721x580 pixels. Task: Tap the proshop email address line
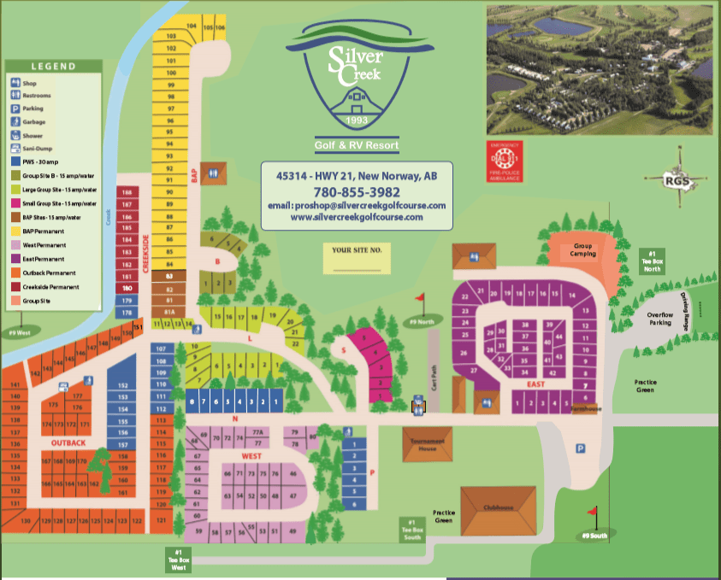point(357,206)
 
